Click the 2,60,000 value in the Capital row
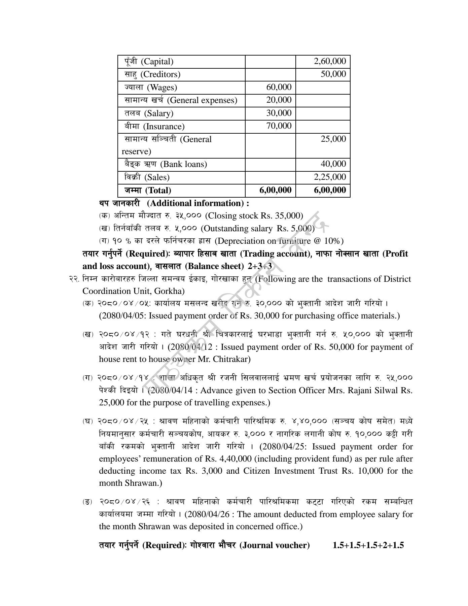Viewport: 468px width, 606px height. point(329,61)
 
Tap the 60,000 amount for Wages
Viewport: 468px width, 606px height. point(279,87)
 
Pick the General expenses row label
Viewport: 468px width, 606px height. point(181,100)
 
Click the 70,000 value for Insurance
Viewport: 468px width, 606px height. point(279,126)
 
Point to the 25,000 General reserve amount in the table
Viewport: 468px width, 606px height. point(333,139)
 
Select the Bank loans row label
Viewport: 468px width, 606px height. point(165,164)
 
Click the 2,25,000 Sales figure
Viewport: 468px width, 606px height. point(329,177)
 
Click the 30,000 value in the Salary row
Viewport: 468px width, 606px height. point(279,113)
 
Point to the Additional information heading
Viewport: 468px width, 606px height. point(198,203)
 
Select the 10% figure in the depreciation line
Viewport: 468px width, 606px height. point(332,241)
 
